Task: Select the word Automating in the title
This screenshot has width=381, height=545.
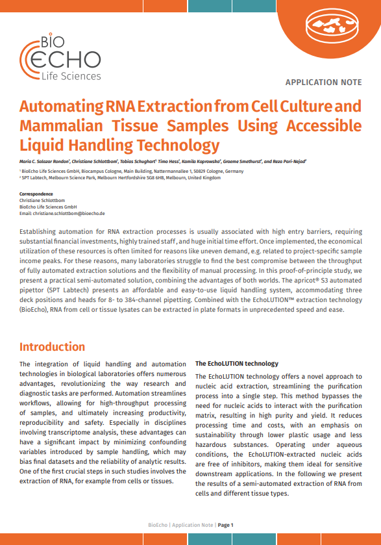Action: (x=60, y=106)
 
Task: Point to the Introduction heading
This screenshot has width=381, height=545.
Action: (x=52, y=347)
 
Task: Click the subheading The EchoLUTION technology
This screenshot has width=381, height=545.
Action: (x=237, y=364)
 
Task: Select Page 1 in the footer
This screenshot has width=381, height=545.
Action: (x=225, y=525)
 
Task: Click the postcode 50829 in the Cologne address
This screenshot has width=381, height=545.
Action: (x=190, y=171)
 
